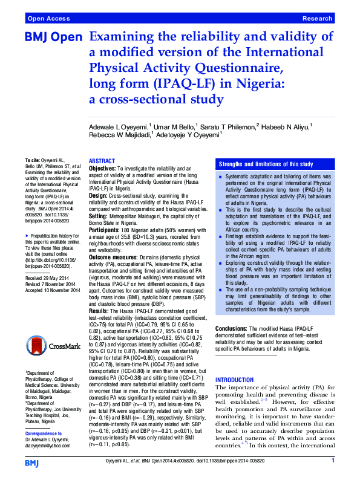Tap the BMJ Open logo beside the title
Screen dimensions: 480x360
[53, 37]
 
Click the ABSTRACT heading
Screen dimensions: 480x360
[102, 161]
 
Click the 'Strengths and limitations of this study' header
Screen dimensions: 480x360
[266, 164]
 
